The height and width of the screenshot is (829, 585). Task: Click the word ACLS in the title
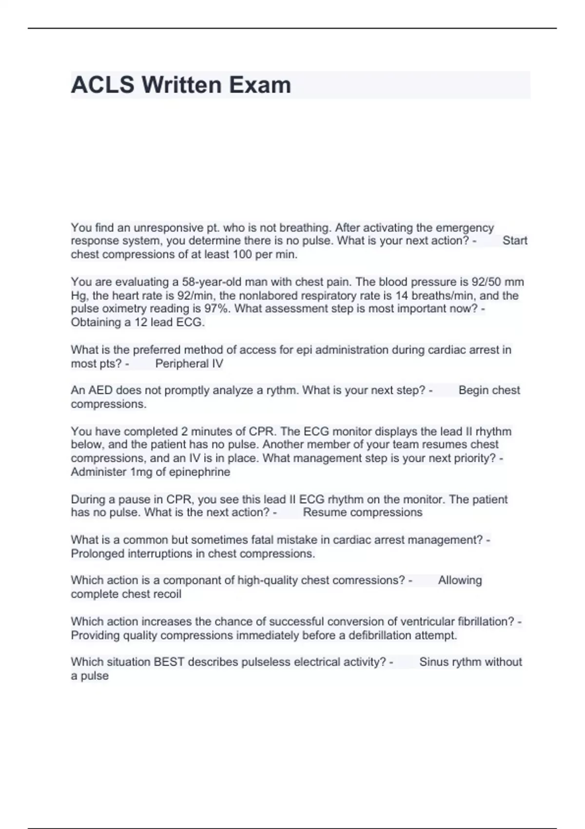(102, 85)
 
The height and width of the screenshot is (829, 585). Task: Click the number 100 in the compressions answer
(242, 255)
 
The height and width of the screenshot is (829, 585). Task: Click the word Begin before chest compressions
(473, 390)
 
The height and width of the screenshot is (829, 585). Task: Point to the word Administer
(98, 472)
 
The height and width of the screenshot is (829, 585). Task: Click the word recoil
(167, 594)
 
